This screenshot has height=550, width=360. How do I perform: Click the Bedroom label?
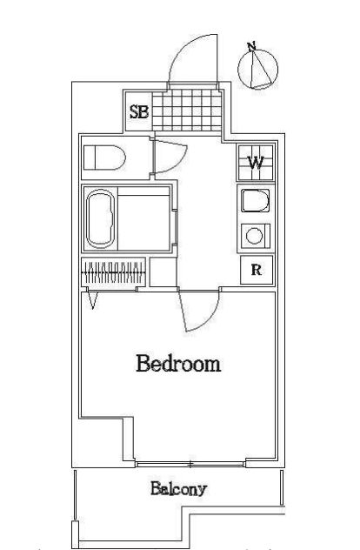point(177,364)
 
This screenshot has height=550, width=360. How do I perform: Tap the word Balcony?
point(178,488)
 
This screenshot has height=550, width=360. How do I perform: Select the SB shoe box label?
point(139,111)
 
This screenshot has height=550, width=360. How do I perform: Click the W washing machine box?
point(256,162)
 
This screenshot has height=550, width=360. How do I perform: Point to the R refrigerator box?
point(257,270)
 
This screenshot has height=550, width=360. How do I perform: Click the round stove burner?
point(255,235)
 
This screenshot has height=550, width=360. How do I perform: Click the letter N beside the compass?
point(251,45)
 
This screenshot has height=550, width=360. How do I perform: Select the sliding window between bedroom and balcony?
point(190,463)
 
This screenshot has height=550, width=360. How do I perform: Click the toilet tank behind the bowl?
point(90,158)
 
